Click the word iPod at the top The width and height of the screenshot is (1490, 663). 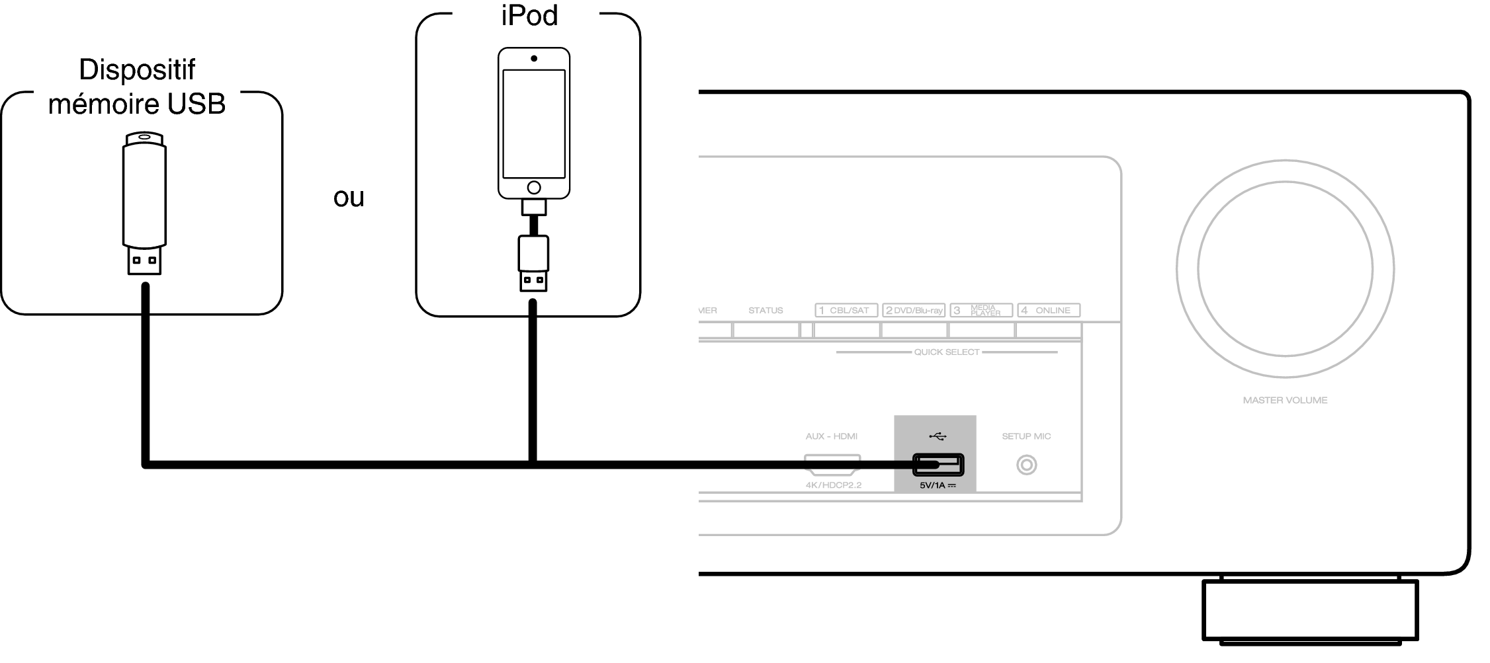529,15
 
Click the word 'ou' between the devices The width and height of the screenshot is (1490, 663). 349,198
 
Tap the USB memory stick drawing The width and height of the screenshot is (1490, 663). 144,204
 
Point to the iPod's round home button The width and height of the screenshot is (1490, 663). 534,188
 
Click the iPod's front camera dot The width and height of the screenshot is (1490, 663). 534,58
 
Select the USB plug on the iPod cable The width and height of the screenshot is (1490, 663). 533,263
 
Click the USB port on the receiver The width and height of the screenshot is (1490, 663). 938,465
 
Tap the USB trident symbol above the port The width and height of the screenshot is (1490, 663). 938,436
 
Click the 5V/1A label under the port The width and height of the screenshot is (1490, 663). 938,486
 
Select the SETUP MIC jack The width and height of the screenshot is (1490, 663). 1026,465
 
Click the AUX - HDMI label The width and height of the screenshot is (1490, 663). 832,436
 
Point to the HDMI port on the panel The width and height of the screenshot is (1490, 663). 832,465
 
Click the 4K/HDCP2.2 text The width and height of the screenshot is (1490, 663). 834,485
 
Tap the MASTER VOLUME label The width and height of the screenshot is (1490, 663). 1285,400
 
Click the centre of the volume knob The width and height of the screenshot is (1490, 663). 1285,269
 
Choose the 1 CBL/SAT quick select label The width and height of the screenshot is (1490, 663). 846,310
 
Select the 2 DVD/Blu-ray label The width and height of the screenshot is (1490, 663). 914,310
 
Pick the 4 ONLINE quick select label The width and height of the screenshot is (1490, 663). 1049,310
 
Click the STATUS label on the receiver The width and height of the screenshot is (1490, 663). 766,310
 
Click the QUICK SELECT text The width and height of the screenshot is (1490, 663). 947,352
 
